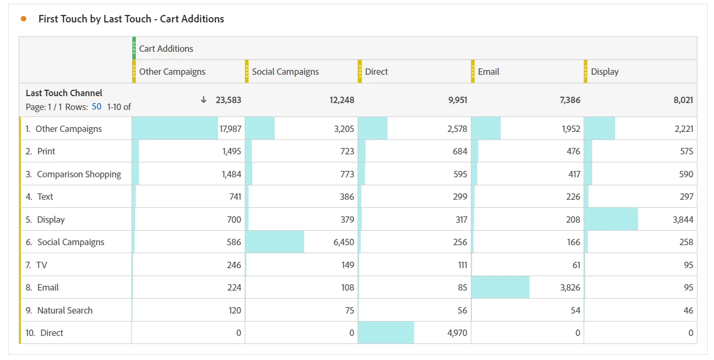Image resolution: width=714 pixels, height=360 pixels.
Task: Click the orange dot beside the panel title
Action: click(x=24, y=19)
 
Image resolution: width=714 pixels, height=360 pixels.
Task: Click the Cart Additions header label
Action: click(x=166, y=49)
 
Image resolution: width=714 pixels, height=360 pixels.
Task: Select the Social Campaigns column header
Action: click(x=285, y=72)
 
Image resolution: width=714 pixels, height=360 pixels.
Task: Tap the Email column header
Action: click(x=488, y=72)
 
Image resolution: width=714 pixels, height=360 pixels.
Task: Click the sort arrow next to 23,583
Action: click(x=203, y=100)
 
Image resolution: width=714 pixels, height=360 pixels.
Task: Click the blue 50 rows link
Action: click(x=96, y=106)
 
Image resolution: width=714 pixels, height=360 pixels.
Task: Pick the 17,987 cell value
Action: click(x=230, y=129)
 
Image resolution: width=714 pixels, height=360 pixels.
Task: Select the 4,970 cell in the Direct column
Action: click(x=456, y=333)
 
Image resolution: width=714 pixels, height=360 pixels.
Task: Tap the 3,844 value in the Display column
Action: click(x=683, y=220)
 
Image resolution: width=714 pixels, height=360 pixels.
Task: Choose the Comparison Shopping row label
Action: click(x=79, y=174)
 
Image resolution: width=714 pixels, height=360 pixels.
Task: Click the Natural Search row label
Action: click(x=65, y=310)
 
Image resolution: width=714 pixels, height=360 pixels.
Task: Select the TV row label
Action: click(x=42, y=265)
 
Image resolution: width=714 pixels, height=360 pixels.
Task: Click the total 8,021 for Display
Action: click(x=682, y=100)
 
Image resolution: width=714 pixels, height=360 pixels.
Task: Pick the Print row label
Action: click(x=46, y=151)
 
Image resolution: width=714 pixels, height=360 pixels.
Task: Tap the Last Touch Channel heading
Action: click(x=64, y=93)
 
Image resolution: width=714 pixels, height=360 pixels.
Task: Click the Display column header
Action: click(x=604, y=72)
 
